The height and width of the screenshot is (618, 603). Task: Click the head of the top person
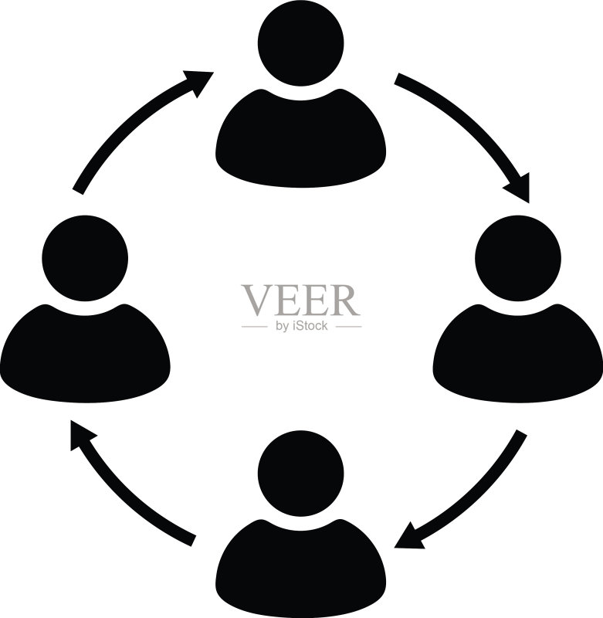click(300, 43)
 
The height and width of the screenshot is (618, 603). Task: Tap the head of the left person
click(85, 259)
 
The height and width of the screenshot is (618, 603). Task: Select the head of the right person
click(518, 259)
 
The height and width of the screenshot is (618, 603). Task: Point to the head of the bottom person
click(300, 474)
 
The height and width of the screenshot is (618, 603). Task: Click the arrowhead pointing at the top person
click(199, 81)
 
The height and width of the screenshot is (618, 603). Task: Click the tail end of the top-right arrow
click(397, 79)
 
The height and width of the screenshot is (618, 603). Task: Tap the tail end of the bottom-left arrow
click(194, 541)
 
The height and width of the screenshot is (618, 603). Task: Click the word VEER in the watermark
click(301, 301)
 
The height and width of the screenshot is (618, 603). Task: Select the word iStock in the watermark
click(310, 326)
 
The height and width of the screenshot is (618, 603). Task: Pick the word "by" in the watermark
click(283, 326)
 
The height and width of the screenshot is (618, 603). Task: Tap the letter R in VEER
click(345, 301)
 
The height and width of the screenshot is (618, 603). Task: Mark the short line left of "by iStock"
click(255, 327)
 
